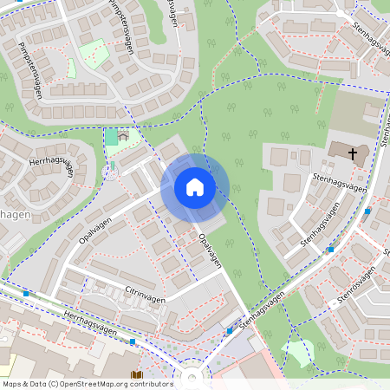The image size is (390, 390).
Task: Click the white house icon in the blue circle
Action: tap(195, 187)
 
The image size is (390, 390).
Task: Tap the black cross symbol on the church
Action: tap(353, 153)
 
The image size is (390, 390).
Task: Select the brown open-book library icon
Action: tap(137, 376)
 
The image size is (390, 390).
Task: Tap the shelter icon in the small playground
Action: tap(123, 136)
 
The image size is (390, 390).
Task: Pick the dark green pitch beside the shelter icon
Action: tap(111, 137)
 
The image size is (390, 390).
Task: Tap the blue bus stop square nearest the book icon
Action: tap(132, 341)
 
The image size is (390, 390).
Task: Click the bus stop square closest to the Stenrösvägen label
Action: tap(332, 304)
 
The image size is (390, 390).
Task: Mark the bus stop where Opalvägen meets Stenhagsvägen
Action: tap(229, 330)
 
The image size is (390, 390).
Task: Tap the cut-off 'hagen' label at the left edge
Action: tap(15, 214)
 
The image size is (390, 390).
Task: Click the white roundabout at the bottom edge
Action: tap(192, 377)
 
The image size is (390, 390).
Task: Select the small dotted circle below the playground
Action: tap(111, 172)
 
